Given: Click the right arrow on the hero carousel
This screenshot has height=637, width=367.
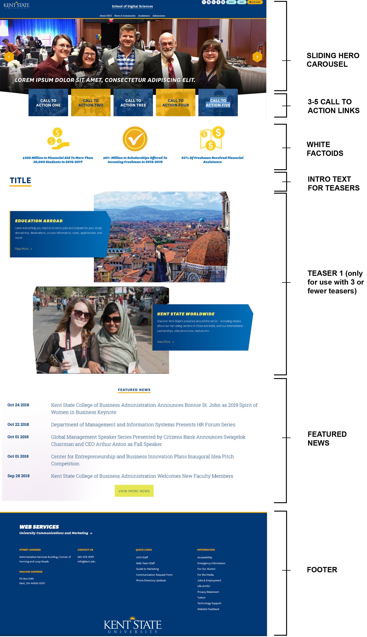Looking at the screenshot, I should click(257, 57).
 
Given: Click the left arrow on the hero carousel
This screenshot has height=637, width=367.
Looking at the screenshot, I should click(9, 57).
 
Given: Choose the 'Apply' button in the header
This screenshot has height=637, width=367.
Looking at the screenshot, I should click(231, 2).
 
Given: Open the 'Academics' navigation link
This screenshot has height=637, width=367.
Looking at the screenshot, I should click(144, 16).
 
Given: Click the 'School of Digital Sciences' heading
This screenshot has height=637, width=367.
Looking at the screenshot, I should click(132, 6).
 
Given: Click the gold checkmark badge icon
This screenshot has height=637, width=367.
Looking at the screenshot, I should click(135, 139).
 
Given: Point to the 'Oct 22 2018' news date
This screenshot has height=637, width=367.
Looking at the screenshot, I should click(18, 424).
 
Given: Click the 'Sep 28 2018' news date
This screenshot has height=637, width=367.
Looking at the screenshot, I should click(18, 476).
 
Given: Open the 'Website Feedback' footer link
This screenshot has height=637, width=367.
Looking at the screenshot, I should click(208, 609).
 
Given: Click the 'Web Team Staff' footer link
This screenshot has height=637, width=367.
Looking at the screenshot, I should click(145, 563).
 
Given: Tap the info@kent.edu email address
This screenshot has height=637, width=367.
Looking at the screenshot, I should click(86, 561).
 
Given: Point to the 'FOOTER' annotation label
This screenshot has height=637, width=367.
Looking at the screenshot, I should click(322, 570).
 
